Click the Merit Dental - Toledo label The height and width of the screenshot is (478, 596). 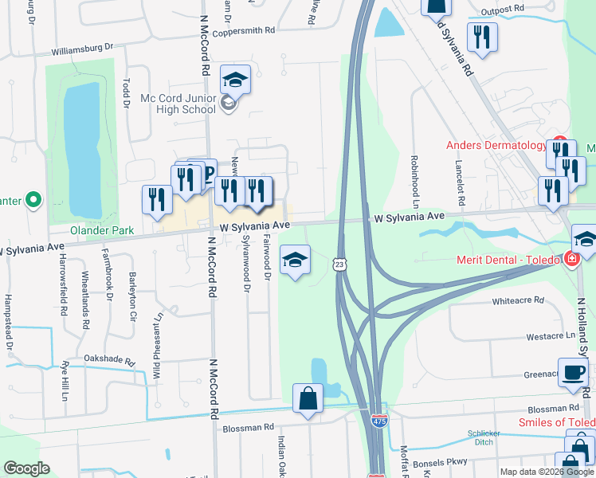(507, 260)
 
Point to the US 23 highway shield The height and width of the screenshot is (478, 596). (339, 263)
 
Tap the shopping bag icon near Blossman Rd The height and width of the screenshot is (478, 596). (308, 398)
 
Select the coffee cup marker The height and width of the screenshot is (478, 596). (572, 373)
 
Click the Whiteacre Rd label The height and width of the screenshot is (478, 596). (517, 300)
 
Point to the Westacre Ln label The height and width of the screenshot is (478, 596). (550, 335)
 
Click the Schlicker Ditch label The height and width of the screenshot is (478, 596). (484, 439)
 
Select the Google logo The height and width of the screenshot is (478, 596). (26, 468)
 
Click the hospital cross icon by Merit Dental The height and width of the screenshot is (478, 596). (570, 259)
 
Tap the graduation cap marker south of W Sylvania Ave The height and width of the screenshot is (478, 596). (295, 260)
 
